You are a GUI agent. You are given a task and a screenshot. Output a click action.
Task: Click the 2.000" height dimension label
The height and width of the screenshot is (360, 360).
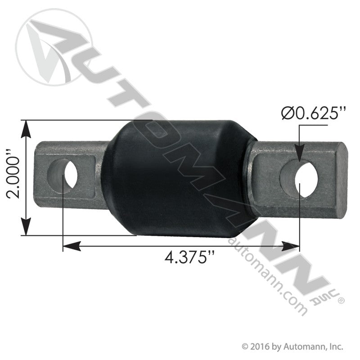point(13,177)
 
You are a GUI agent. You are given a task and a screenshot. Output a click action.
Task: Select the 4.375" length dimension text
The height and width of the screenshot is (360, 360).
point(189,257)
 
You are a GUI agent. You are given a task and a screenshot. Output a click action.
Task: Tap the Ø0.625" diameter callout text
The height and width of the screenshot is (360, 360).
point(313,113)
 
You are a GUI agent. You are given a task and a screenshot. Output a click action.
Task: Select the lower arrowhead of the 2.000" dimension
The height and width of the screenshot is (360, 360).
point(26,227)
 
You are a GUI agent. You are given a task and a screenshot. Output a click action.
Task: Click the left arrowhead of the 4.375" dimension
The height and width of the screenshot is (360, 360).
point(72,246)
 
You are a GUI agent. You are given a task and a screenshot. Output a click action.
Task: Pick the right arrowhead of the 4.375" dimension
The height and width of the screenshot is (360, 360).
point(291,246)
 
